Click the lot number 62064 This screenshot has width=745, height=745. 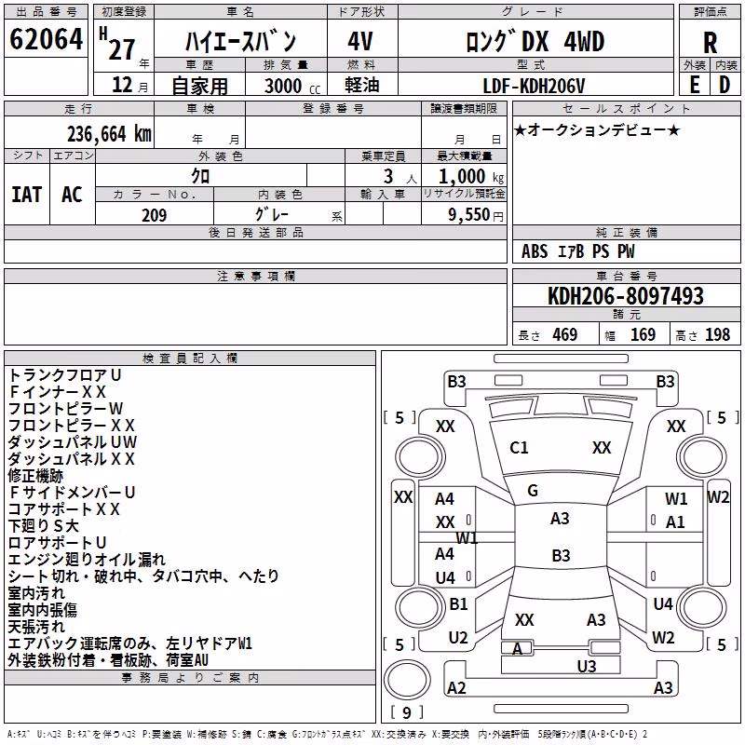46,39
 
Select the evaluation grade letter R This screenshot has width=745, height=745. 710,43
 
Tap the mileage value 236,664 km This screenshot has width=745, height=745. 109,134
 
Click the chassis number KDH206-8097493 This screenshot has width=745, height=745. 626,296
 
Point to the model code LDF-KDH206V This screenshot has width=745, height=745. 534,86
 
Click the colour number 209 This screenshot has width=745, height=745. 154,215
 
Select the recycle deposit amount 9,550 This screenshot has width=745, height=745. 469,215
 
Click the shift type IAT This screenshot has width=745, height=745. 27,195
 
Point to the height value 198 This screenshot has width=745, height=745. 717,335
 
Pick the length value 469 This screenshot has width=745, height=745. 565,335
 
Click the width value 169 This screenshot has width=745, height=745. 643,335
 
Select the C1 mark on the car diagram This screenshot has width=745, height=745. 519,448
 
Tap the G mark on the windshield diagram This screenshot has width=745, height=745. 533,491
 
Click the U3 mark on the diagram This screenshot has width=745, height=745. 587,667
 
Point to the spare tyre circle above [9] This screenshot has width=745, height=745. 407,680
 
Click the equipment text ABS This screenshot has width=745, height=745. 535,251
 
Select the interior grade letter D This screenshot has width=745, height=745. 725,86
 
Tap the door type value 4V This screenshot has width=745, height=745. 360,42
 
